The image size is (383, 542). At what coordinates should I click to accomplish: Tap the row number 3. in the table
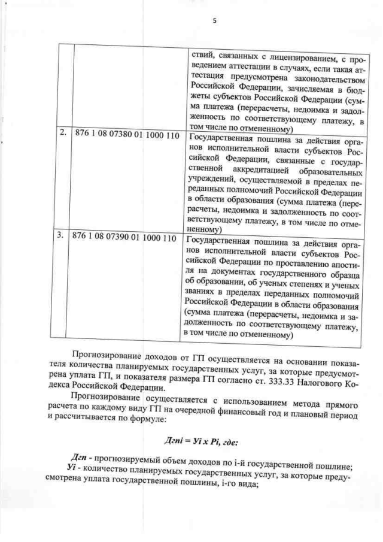(x=61, y=237)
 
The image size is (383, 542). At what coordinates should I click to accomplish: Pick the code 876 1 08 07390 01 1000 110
(x=126, y=237)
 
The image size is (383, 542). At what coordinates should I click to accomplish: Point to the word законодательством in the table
(x=326, y=77)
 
